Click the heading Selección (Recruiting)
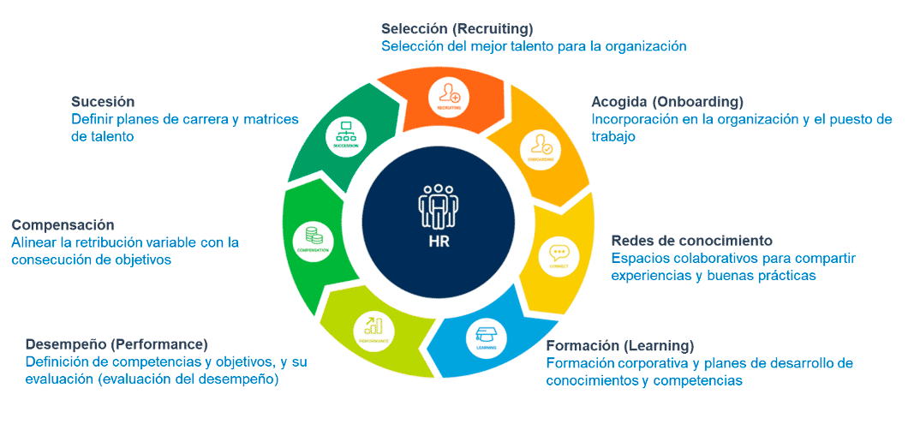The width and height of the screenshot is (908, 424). tap(457, 28)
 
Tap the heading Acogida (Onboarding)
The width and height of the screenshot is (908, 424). tap(667, 101)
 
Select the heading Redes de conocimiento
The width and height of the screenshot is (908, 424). tap(692, 240)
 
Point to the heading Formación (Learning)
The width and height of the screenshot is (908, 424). tap(619, 345)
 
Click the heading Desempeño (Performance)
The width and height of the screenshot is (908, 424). tap(116, 344)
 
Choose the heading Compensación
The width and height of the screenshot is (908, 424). tap(63, 224)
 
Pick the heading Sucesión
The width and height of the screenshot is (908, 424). tap(103, 101)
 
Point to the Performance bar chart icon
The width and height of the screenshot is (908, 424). tap(373, 325)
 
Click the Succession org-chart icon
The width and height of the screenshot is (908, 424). tap(347, 132)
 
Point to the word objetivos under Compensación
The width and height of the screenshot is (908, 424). tap(144, 260)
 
